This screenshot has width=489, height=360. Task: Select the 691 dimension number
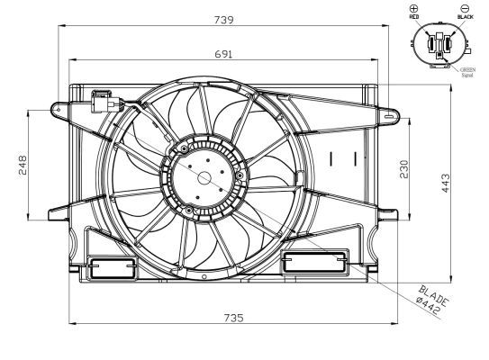tap(223, 55)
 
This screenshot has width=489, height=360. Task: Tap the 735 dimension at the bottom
tap(234, 317)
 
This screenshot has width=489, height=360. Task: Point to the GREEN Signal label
tap(467, 73)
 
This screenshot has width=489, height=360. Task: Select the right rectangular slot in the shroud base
tap(314, 262)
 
